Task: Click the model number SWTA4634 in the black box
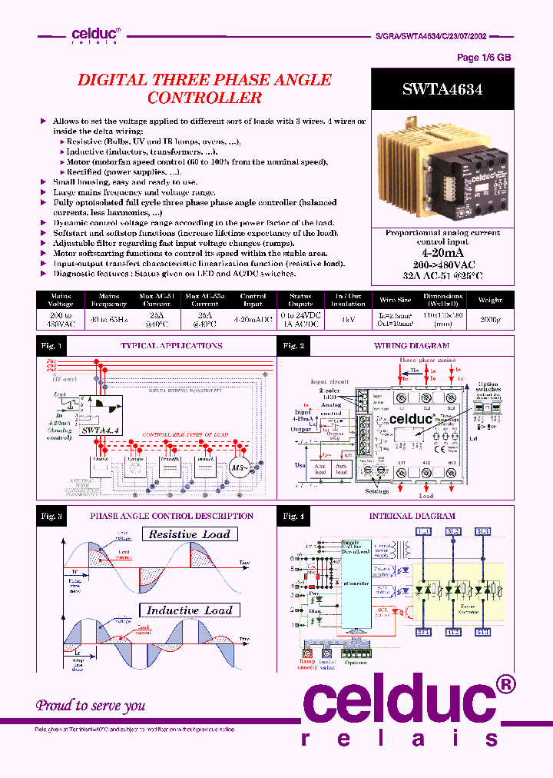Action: (442, 89)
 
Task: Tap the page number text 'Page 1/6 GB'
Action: (483, 58)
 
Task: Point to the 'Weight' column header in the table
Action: (490, 300)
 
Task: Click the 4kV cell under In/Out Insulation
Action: (348, 319)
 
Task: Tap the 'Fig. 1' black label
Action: (51, 346)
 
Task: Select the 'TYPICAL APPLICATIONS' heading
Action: (171, 346)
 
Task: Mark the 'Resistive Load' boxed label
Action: (189, 534)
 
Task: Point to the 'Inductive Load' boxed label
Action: (189, 610)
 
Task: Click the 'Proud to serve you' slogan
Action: (91, 704)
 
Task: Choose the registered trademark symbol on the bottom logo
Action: (503, 684)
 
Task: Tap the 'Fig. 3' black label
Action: (51, 516)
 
